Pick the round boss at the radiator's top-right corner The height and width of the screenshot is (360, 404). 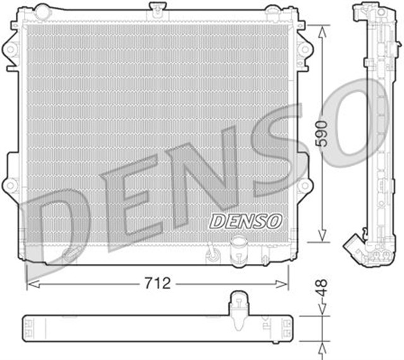click(271, 11)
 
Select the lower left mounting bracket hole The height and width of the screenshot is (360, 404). click(10, 185)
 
